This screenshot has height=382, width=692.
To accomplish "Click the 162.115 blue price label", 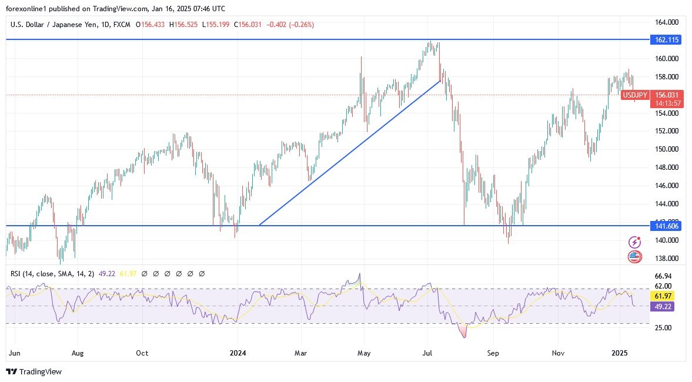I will pos(666,40).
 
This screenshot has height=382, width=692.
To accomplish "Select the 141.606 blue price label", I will pos(666,226).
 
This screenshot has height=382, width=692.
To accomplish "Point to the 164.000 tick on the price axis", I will pos(667,22).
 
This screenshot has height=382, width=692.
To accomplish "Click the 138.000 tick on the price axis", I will pos(667,259).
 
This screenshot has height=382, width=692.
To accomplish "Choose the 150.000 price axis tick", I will pos(667,149).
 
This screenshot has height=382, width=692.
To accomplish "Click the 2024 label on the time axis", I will pos(238,353).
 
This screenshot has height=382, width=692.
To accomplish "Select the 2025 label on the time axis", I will pos(621,353).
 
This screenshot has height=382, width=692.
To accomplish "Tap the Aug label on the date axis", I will pos(78,353).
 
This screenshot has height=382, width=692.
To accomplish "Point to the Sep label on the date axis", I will pos(493,353).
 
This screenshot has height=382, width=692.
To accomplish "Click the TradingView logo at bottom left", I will pos(34,371).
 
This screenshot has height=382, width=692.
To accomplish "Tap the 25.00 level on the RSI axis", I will pos(664,327).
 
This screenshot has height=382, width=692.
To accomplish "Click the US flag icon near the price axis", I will pos(634,256).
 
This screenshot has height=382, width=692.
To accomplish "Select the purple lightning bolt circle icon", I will pos(634,242).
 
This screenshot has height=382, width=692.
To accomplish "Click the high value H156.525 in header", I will pos(185,25).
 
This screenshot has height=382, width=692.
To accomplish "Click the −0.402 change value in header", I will pos(279,25).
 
